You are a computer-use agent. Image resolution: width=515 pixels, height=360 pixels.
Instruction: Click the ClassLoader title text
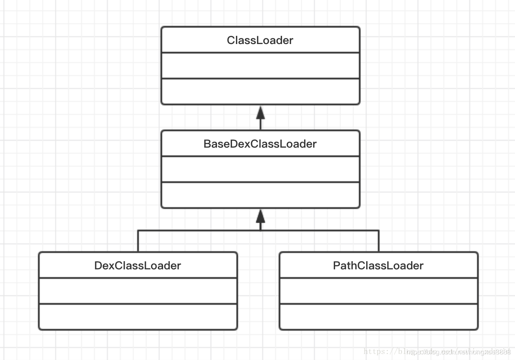click(x=260, y=40)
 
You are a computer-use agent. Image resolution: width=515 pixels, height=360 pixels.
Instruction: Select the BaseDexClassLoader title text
click(x=260, y=144)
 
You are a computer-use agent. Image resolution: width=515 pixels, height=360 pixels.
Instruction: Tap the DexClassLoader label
click(x=138, y=265)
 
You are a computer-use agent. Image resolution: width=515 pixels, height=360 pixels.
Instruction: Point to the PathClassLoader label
click(x=378, y=265)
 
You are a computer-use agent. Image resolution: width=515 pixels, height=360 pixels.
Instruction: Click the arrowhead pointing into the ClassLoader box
click(x=261, y=113)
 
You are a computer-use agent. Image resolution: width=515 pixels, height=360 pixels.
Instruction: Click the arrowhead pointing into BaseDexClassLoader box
click(x=261, y=216)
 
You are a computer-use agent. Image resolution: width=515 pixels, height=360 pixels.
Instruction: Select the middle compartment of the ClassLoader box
click(x=260, y=66)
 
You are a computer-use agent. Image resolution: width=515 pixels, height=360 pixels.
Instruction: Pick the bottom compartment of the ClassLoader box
click(x=260, y=92)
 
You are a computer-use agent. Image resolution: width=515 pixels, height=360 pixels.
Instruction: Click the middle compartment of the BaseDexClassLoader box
click(x=260, y=169)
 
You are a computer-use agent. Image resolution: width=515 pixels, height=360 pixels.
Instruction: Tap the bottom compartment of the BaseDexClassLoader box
click(x=260, y=195)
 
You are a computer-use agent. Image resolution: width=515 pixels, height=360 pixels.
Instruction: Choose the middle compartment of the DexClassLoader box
click(x=138, y=291)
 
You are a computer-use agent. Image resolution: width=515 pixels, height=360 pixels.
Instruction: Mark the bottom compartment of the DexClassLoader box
click(x=138, y=317)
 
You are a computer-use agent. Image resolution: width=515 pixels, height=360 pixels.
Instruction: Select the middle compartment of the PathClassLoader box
click(x=378, y=291)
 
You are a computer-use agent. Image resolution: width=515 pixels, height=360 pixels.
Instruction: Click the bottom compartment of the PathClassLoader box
click(x=378, y=317)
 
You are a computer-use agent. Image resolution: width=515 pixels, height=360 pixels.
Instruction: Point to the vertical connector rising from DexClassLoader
click(x=138, y=241)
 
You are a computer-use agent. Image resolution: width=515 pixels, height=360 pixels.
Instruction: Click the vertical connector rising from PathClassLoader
click(x=379, y=241)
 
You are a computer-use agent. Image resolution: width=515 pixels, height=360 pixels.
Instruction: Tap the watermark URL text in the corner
click(x=438, y=352)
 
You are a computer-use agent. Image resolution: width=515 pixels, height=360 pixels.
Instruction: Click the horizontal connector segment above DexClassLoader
click(x=198, y=231)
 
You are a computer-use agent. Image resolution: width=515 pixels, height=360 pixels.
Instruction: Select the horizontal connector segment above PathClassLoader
click(x=319, y=231)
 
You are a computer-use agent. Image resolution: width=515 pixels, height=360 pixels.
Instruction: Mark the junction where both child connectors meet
click(x=261, y=231)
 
